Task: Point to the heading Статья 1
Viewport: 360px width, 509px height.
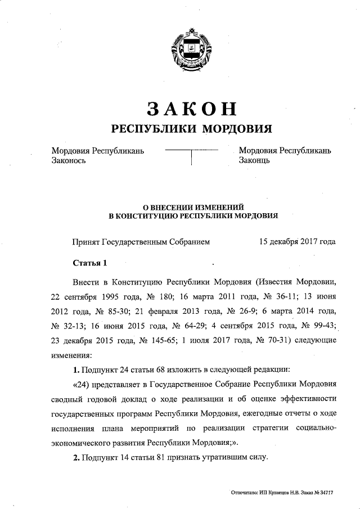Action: pyautogui.click(x=89, y=263)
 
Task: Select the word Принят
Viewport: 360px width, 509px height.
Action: pyautogui.click(x=85, y=242)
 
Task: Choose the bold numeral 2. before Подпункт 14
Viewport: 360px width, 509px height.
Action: pyautogui.click(x=76, y=458)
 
